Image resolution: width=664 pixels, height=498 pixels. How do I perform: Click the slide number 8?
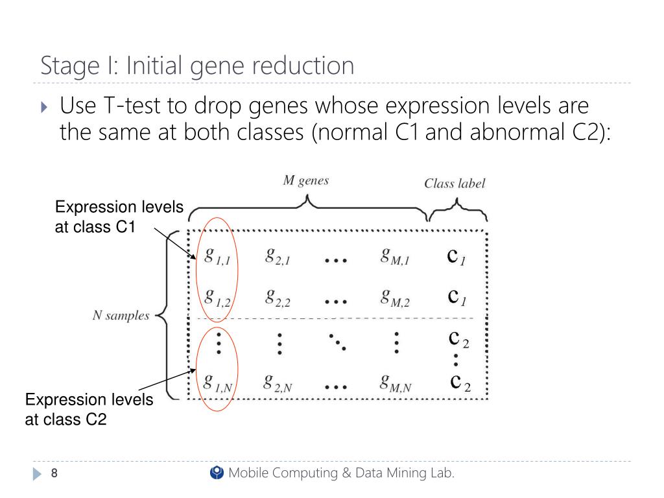pyautogui.click(x=54, y=474)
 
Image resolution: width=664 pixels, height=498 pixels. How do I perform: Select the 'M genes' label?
pyautogui.click(x=306, y=181)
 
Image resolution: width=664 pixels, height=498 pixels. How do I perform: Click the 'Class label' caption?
pyautogui.click(x=455, y=184)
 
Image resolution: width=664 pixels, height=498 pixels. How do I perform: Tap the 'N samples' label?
pyautogui.click(x=120, y=316)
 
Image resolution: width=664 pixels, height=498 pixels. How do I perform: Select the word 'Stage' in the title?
pyautogui.click(x=67, y=66)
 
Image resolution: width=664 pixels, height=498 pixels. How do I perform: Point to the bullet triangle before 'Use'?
pyautogui.click(x=44, y=105)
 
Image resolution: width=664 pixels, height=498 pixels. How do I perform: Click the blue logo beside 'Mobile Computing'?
pyautogui.click(x=217, y=473)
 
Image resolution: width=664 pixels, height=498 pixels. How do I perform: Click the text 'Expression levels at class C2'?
pyautogui.click(x=89, y=409)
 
